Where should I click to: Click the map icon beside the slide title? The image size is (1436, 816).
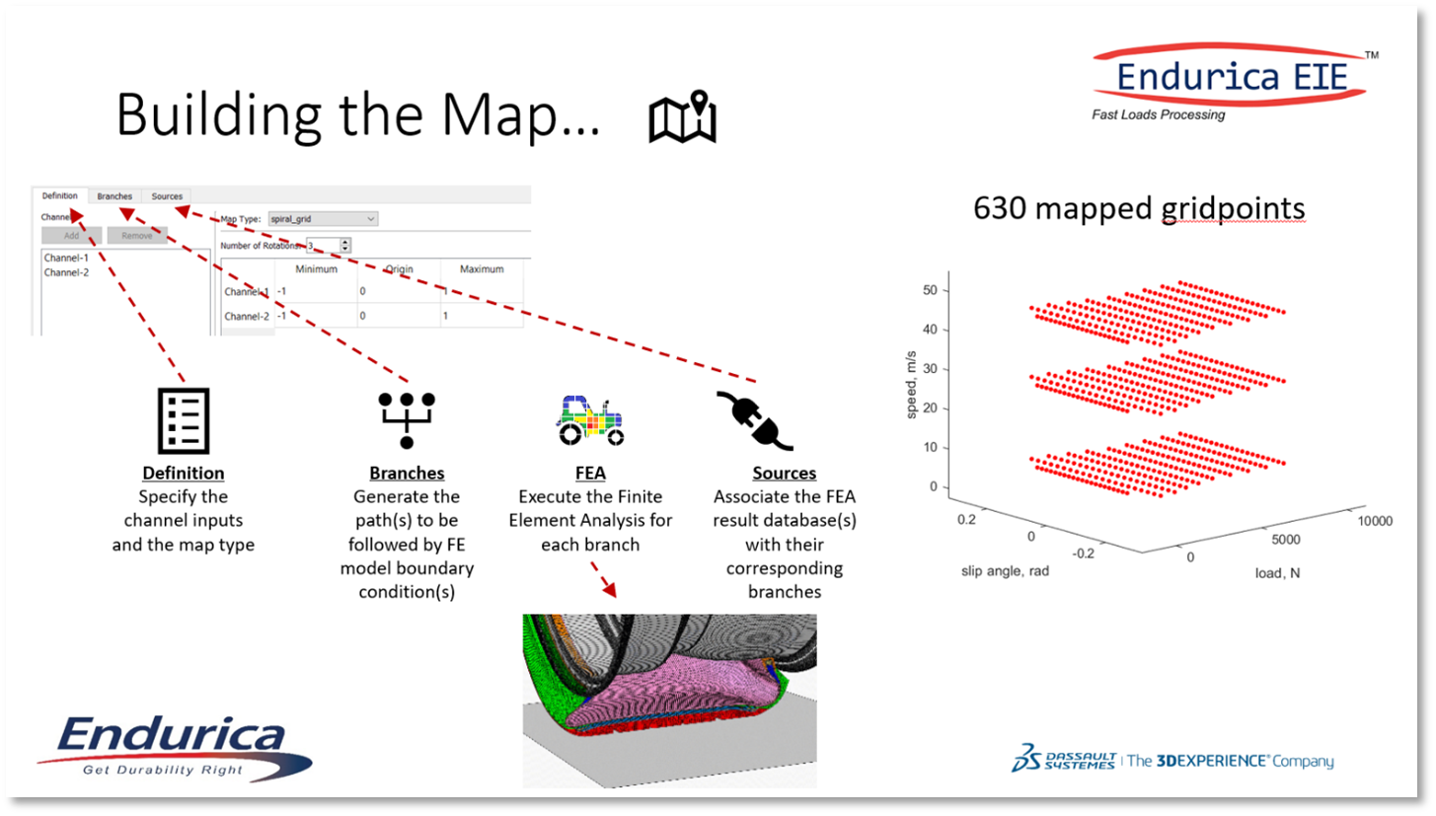tap(683, 116)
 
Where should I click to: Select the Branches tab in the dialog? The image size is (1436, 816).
tap(114, 196)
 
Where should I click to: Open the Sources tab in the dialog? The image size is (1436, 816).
tap(167, 196)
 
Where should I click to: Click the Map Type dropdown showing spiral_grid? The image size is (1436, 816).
tap(323, 219)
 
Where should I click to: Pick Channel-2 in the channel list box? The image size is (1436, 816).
tap(67, 272)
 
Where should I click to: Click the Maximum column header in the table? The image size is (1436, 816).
tap(482, 269)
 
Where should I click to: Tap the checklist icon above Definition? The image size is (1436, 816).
tap(184, 420)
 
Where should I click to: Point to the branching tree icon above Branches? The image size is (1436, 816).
tap(407, 420)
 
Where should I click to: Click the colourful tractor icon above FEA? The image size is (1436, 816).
tap(590, 420)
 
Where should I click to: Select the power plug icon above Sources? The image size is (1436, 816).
tap(755, 419)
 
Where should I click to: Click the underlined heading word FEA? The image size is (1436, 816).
tap(590, 473)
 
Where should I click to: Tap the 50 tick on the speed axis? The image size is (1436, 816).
tap(930, 290)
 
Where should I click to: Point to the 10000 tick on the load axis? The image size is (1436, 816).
tap(1375, 521)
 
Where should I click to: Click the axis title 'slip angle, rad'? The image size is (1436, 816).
tap(1005, 571)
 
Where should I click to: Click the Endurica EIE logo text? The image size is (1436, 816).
tap(1232, 77)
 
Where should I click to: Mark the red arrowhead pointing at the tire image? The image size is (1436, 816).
tap(610, 589)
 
